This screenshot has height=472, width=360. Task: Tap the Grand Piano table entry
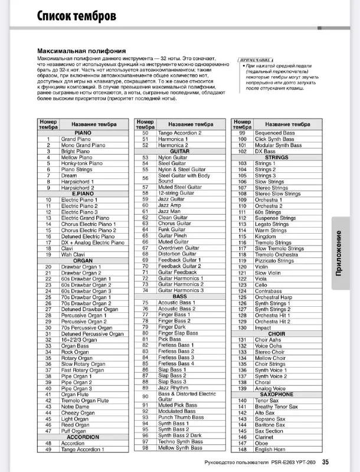[74, 139]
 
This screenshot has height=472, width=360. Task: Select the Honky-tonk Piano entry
[82, 163]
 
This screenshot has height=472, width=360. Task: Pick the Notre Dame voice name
[75, 407]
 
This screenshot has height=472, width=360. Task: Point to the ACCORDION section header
[83, 437]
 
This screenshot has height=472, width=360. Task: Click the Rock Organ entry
[74, 352]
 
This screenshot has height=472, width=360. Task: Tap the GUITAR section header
[179, 151]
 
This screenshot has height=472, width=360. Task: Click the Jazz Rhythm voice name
[174, 388]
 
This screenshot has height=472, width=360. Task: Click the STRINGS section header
[276, 157]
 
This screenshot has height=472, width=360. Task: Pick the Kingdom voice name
[265, 236]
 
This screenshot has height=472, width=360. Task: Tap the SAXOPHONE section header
[276, 395]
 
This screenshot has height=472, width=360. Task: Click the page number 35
[342, 462]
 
